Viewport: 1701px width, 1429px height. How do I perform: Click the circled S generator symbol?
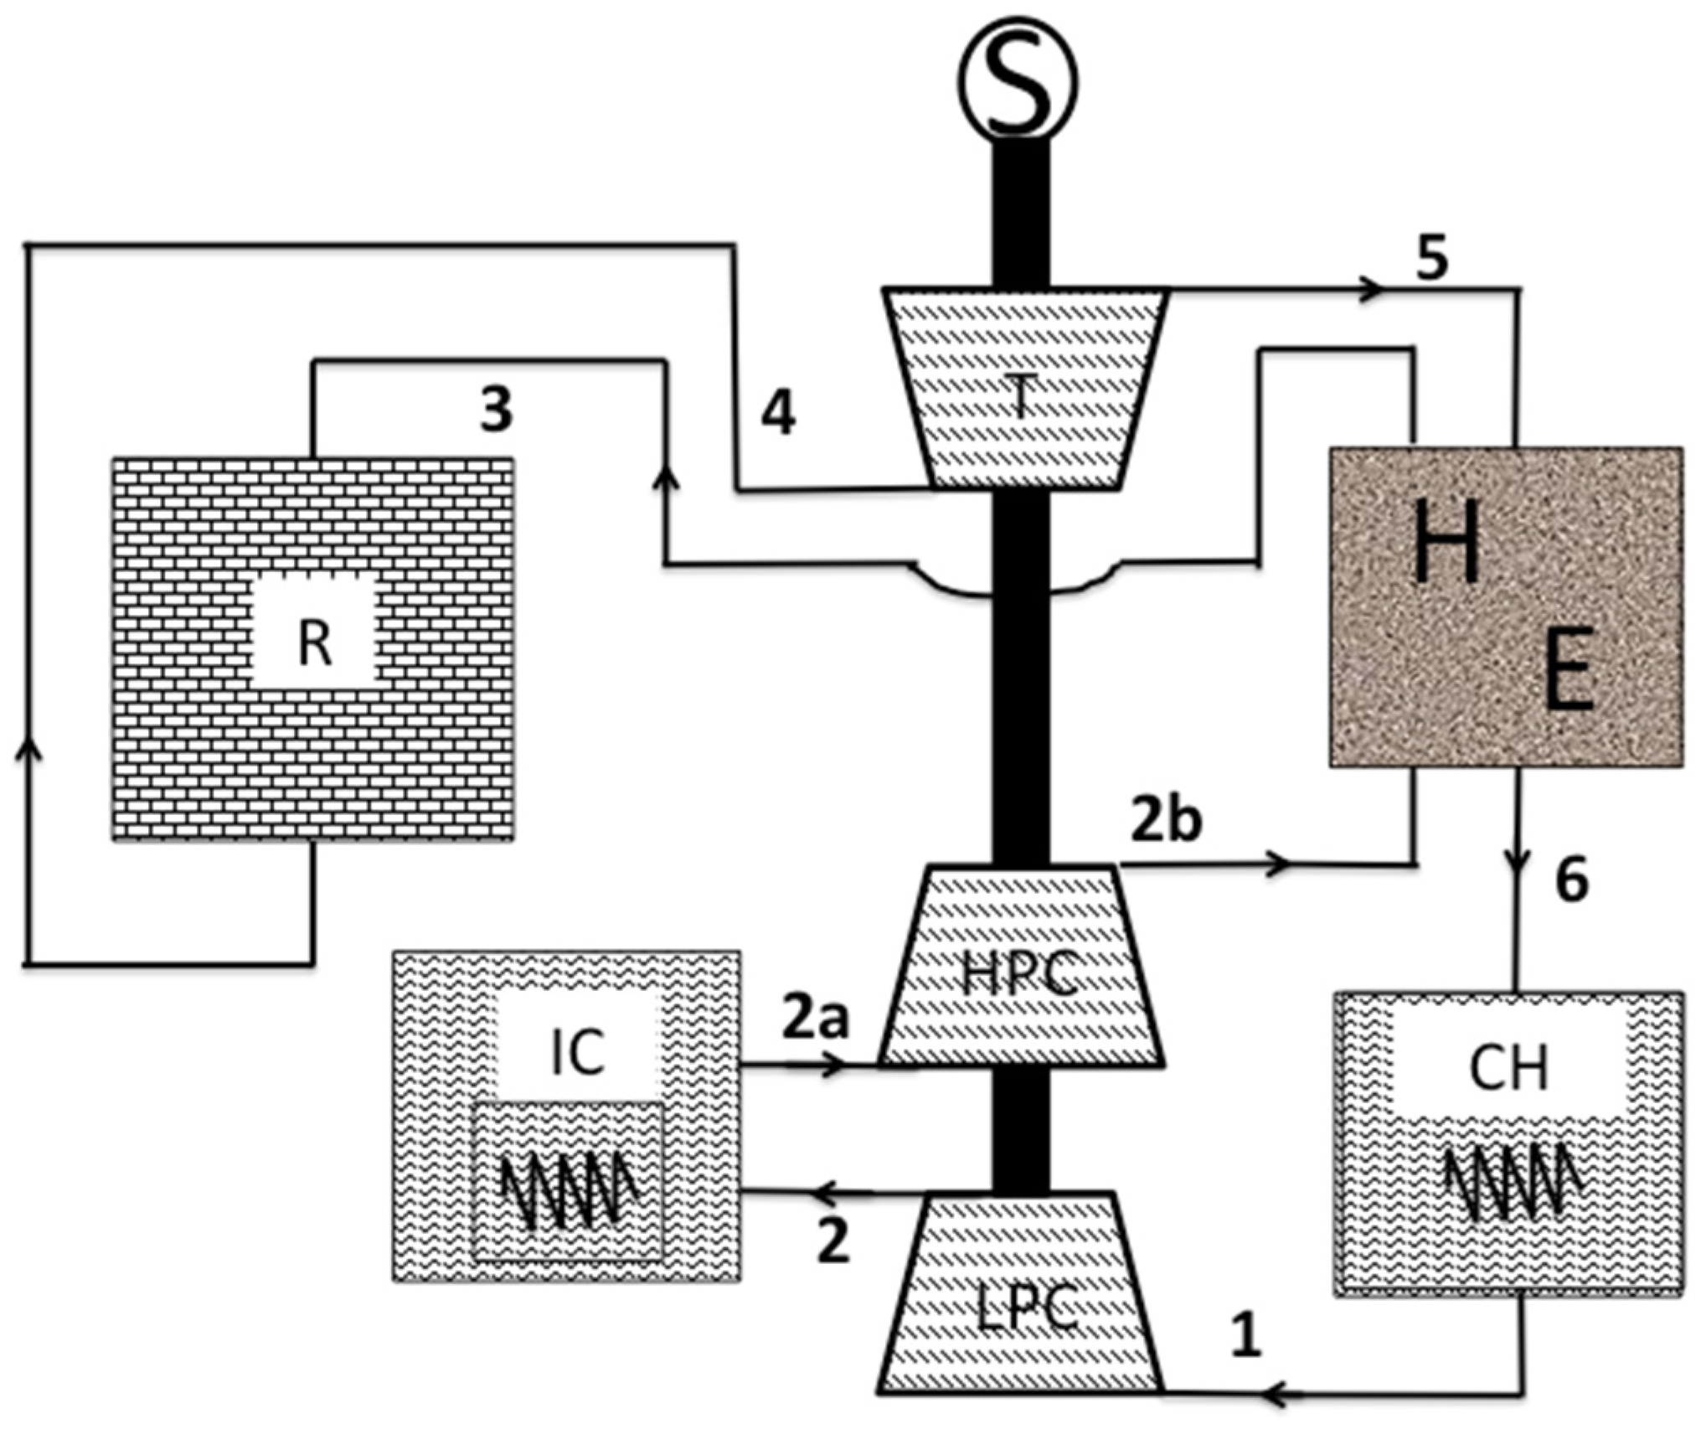pos(1018,82)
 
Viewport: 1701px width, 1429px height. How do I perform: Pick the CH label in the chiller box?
pos(1508,1069)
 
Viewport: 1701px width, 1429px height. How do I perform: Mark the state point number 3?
pos(496,410)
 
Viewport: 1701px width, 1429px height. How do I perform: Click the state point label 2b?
pos(1166,821)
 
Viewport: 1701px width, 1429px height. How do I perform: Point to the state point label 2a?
pos(815,1017)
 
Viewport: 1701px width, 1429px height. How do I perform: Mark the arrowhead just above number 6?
pos(1518,860)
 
